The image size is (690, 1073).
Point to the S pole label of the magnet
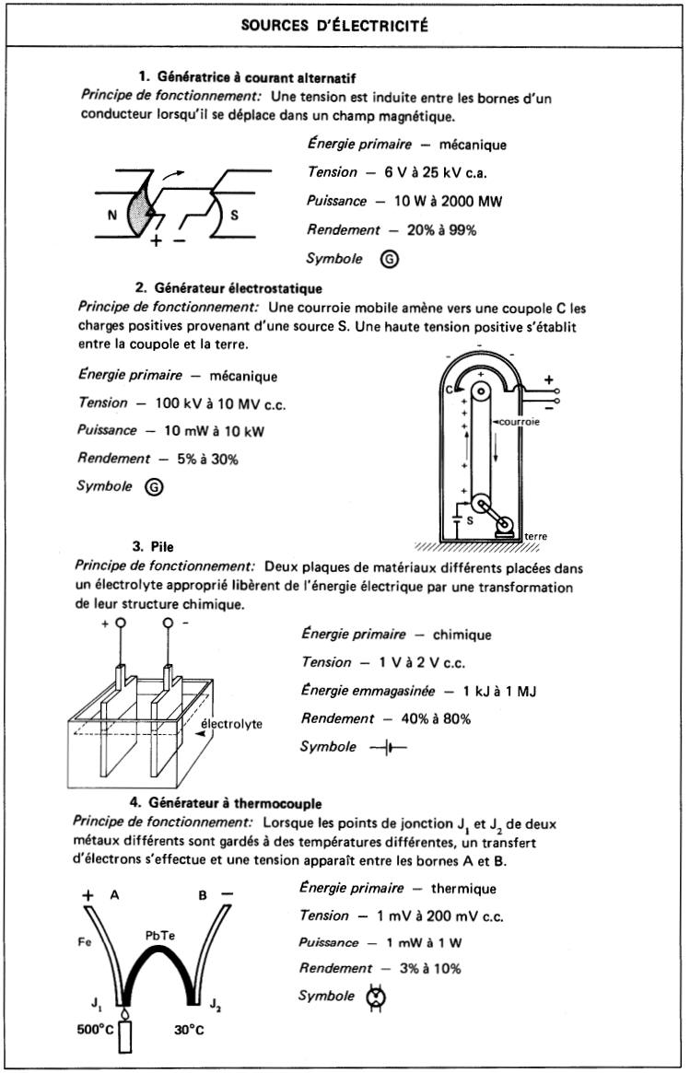click(x=234, y=215)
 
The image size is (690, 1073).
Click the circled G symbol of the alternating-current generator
click(x=390, y=260)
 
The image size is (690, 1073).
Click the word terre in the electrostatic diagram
click(x=535, y=535)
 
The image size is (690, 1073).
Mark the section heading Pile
click(x=161, y=546)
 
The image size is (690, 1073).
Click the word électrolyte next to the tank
click(x=231, y=724)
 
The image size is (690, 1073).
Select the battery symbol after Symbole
click(x=388, y=747)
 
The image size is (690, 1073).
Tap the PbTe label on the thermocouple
click(x=161, y=935)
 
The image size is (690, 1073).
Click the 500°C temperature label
click(x=95, y=1030)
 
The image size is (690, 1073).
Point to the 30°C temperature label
click(x=189, y=1030)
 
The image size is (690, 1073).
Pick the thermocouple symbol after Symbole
click(x=376, y=997)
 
